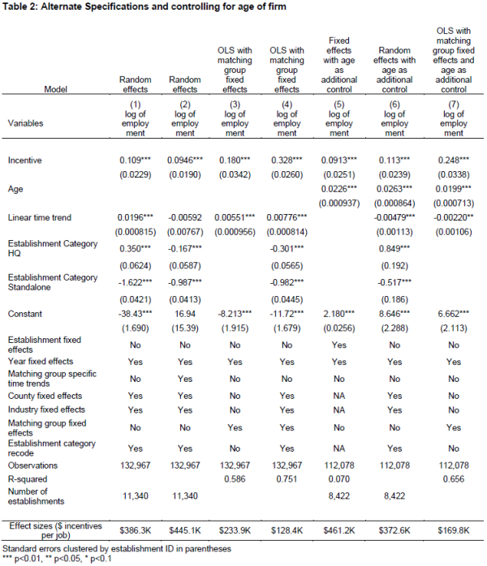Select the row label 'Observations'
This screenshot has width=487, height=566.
click(x=33, y=465)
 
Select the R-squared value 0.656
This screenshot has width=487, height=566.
click(x=448, y=478)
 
